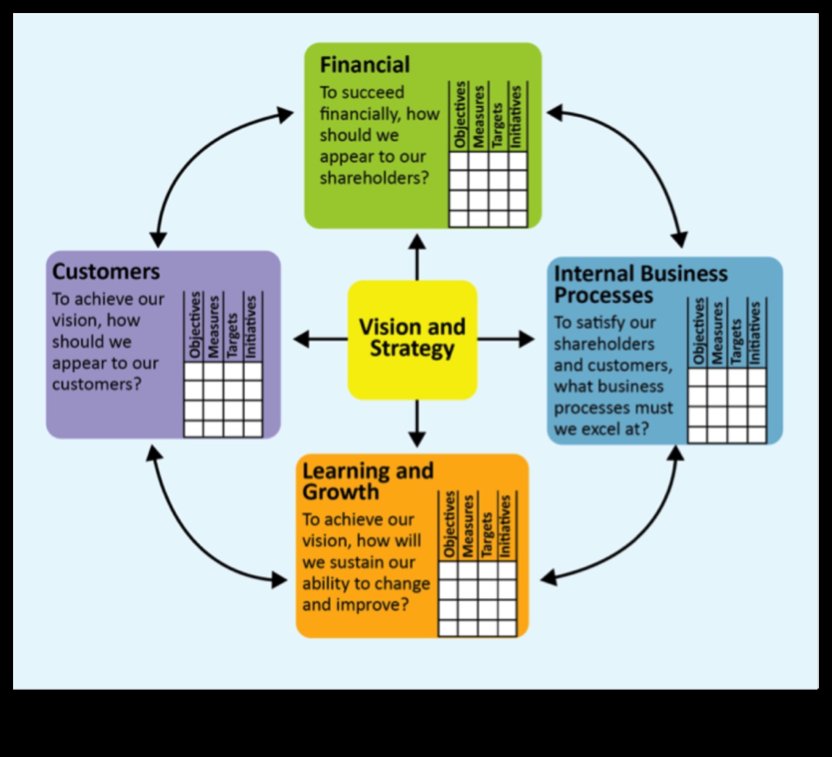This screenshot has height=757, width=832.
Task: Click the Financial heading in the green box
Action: (x=364, y=65)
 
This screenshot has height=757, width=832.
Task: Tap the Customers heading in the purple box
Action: (x=106, y=271)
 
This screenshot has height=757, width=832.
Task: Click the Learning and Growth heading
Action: (x=367, y=481)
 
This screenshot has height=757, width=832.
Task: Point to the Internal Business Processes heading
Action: (x=640, y=283)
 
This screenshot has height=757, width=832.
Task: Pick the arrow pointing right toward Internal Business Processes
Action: (x=505, y=339)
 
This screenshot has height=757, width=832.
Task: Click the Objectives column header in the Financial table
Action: (x=460, y=116)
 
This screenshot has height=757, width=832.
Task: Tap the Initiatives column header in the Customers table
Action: (x=252, y=325)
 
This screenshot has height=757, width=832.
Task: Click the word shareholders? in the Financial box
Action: (x=374, y=178)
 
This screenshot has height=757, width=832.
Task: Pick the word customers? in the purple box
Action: (x=97, y=384)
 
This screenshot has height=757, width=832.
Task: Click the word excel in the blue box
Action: (x=601, y=429)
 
